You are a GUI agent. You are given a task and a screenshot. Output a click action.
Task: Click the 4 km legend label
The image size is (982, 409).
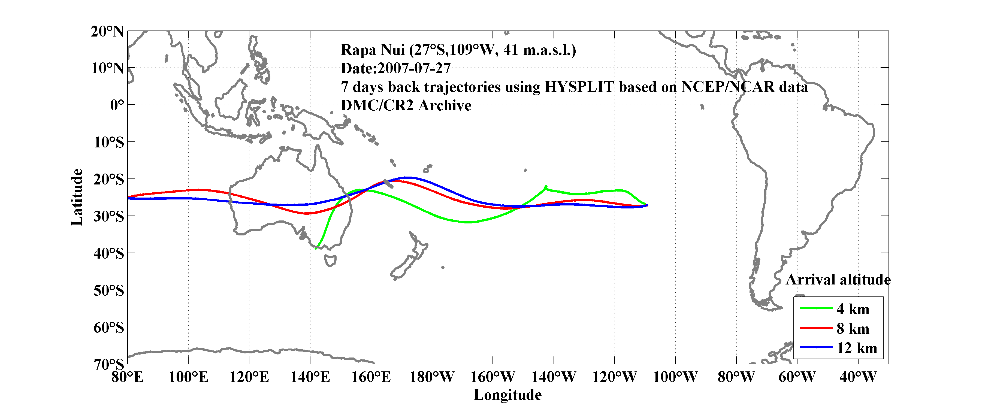coord(853,309)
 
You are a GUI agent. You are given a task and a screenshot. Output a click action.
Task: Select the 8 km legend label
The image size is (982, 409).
coord(853,329)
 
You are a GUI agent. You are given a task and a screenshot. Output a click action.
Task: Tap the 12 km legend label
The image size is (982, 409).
coord(857,348)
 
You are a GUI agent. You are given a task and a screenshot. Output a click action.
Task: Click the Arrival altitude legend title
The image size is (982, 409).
coord(838,280)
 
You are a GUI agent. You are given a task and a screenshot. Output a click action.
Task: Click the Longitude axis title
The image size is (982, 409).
coord(507,395)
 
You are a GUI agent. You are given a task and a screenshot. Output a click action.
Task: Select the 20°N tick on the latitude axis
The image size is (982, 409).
coord(107,31)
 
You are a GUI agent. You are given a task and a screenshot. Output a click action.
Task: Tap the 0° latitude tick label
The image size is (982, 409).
coord(117,105)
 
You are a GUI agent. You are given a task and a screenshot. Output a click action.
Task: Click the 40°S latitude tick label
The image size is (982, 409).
coord(109,253)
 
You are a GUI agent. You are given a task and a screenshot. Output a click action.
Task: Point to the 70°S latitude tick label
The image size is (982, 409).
coord(109,364)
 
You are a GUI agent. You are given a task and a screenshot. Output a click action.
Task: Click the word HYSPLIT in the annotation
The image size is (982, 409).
coord(579,87)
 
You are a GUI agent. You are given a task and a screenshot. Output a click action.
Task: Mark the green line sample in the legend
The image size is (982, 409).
coord(816,308)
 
